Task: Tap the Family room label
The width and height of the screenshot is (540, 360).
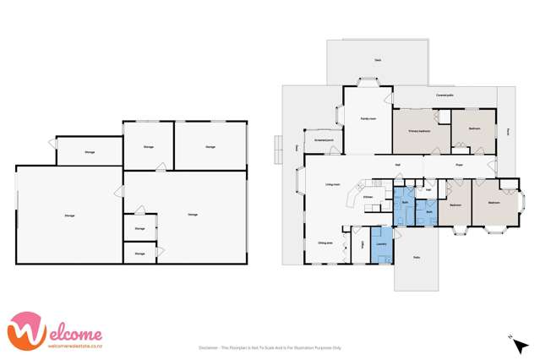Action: tap(368, 119)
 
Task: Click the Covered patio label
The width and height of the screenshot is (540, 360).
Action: tap(446, 95)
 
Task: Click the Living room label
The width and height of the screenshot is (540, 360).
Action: tap(332, 184)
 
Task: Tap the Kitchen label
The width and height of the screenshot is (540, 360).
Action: tap(368, 198)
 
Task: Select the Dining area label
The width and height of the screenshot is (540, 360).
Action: tap(325, 243)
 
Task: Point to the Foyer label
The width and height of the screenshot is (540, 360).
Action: tap(460, 165)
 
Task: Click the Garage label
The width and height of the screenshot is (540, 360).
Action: tap(193, 215)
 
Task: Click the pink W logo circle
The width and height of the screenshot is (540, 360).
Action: tap(25, 332)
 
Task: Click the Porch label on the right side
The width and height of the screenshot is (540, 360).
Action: tap(509, 130)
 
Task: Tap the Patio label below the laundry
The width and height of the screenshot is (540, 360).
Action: tap(416, 257)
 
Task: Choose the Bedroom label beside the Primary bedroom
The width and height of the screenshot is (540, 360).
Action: tap(468, 130)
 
